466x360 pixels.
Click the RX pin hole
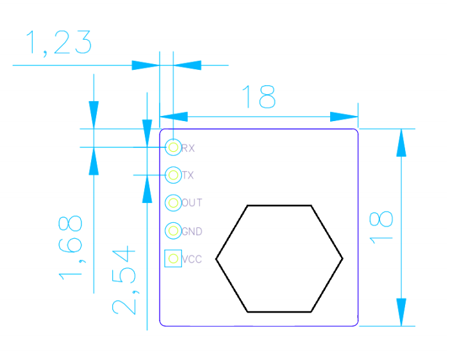click(x=173, y=147)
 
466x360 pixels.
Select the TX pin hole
click(x=173, y=175)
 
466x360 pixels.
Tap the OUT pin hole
click(x=173, y=203)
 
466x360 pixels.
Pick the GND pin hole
click(x=173, y=231)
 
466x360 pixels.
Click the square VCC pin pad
click(x=173, y=258)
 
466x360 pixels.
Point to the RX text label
click(x=188, y=148)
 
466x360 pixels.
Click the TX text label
click(x=188, y=176)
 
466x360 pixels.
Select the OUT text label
click(x=192, y=202)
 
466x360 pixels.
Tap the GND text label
click(x=192, y=231)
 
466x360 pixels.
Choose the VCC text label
click(x=192, y=259)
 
